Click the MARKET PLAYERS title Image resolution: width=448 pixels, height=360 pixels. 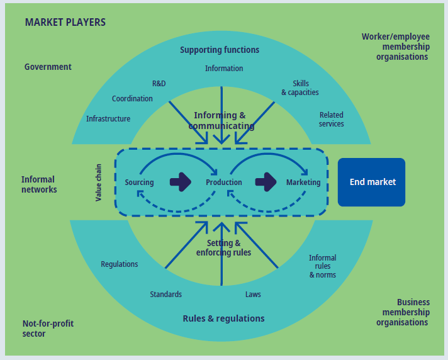[65, 23]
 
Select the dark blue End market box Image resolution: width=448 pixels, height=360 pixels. [371, 182]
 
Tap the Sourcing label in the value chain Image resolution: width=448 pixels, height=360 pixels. [139, 183]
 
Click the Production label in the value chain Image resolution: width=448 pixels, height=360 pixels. [224, 183]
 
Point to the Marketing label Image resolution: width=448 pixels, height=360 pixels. [303, 183]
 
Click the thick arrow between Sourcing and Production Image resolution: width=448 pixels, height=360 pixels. [181, 182]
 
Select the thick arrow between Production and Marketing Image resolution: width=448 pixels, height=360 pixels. [266, 182]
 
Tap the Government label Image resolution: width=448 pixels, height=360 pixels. [48, 67]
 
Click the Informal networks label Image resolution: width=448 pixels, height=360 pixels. [39, 184]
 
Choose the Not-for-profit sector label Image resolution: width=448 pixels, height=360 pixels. [48, 329]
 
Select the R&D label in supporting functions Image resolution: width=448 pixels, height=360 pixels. [159, 84]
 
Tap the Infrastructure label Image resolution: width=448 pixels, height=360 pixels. [108, 119]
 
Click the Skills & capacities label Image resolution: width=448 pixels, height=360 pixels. [300, 88]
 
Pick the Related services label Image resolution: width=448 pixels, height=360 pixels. [332, 120]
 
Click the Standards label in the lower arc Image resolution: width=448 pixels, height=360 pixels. [166, 295]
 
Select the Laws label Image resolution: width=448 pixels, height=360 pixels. [253, 295]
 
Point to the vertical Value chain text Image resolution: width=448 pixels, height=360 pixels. [99, 182]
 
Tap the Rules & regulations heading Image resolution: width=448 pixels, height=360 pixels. [223, 318]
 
